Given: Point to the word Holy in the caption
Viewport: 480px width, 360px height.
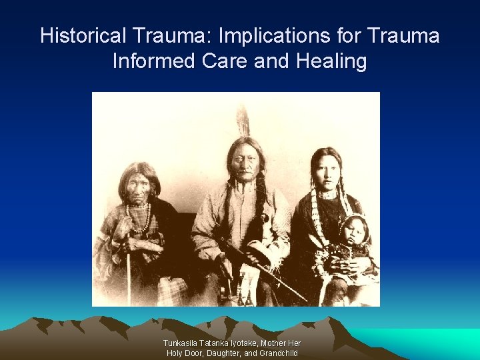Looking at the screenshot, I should (175, 353).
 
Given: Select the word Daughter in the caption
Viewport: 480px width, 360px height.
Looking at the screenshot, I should (230, 353).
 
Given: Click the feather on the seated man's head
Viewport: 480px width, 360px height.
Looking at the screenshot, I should (243, 121).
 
